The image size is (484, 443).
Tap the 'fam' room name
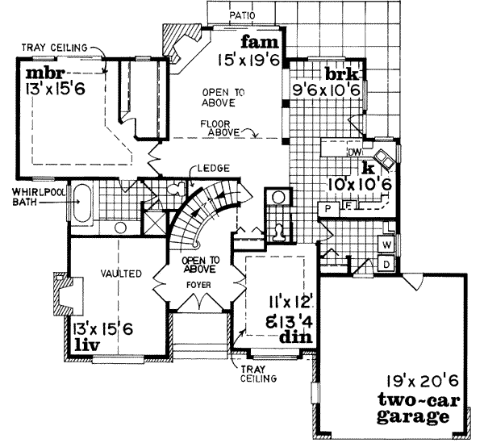257,42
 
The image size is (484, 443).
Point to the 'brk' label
342,73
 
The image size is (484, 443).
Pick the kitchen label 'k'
367,169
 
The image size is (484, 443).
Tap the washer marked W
386,244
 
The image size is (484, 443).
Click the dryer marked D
386,263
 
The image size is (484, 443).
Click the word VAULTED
123,274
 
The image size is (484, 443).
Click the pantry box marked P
328,208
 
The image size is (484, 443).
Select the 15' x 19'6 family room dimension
248,58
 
